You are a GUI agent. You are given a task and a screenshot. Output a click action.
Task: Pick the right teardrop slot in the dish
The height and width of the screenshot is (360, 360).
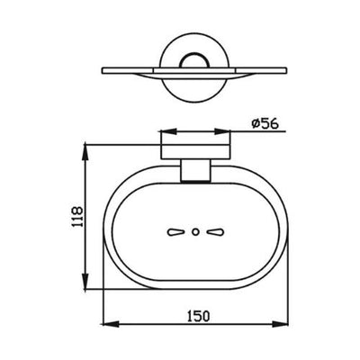(214, 231)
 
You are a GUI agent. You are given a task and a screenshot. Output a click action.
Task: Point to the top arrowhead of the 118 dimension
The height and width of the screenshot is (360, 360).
(87, 144)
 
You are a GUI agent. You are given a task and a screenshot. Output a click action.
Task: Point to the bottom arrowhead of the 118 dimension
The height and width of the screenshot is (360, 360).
(87, 289)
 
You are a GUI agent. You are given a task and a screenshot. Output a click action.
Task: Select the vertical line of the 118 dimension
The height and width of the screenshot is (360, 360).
(87, 216)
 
